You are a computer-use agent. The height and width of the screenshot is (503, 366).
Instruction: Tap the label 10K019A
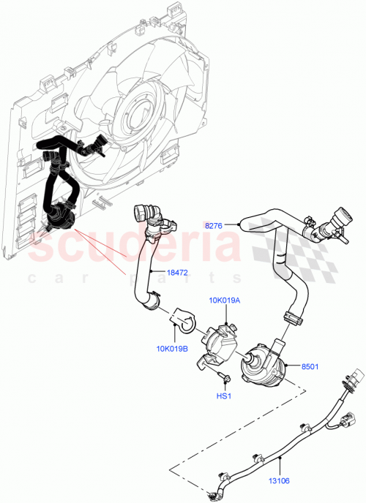click(x=225, y=300)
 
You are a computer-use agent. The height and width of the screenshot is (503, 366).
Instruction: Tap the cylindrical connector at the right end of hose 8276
click(x=338, y=219)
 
